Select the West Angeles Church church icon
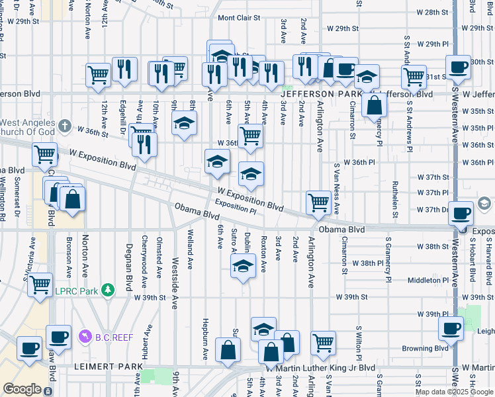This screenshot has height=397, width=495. click(64, 125)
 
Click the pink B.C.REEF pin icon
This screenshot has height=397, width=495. click(84, 337)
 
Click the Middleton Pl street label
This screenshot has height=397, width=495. click(428, 281)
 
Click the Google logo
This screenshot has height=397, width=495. click(22, 389)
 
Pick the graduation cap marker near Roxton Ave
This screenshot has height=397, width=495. click(243, 267)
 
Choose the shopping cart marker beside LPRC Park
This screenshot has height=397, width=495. click(40, 285)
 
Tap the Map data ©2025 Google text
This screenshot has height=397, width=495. click(454, 391)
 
